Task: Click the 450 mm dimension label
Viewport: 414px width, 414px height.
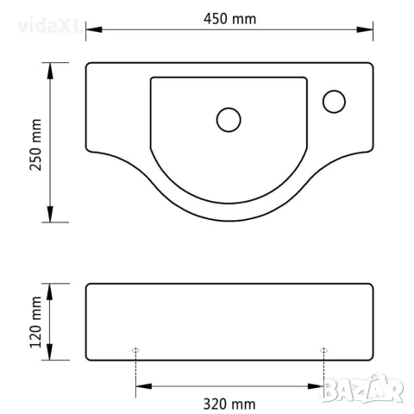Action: pyautogui.click(x=229, y=19)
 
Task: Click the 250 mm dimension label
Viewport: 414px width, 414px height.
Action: pyautogui.click(x=36, y=145)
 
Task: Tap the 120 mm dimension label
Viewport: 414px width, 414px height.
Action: pyautogui.click(x=36, y=322)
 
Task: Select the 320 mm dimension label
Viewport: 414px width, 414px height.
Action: pyautogui.click(x=229, y=404)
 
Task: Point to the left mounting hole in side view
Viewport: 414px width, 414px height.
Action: pyautogui.click(x=135, y=350)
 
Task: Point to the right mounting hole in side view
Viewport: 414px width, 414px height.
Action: pyautogui.click(x=324, y=350)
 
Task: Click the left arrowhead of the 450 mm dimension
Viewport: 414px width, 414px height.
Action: pyautogui.click(x=94, y=29)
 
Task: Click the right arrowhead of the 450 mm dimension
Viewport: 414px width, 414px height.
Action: pyautogui.click(x=365, y=29)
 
